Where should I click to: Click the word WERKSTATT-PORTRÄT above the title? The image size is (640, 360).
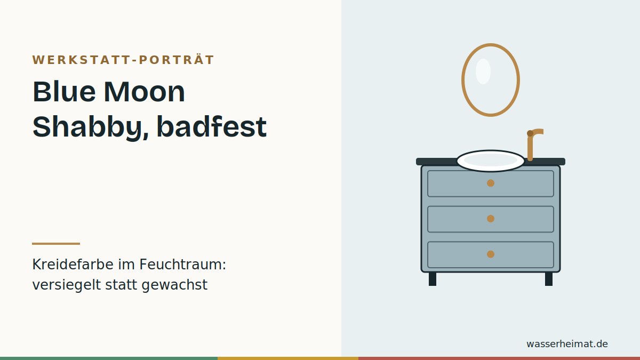click(123, 60)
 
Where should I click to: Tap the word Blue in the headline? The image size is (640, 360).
click(64, 92)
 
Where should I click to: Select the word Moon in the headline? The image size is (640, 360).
click(145, 92)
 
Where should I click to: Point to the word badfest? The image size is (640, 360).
click(212, 127)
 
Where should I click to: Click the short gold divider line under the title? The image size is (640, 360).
click(56, 244)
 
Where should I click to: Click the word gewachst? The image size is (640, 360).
click(174, 285)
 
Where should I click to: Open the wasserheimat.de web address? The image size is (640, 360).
click(567, 343)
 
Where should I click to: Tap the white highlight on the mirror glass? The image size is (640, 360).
click(483, 71)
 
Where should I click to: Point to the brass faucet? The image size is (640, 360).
click(530, 146)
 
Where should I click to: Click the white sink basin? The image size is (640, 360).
click(491, 161)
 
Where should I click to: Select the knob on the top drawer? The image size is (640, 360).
click(491, 183)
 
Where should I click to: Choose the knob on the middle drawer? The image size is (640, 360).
click(491, 219)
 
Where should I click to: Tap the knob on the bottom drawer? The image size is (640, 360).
click(491, 254)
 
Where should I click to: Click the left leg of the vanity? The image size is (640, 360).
click(433, 279)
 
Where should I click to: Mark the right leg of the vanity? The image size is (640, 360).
click(549, 279)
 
